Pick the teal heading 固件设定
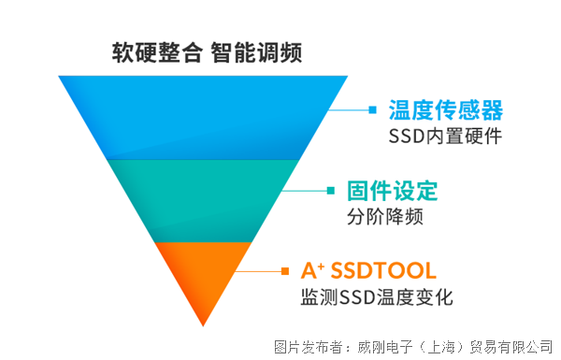click(392, 191)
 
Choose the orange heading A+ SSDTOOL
click(368, 271)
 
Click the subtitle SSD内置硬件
click(445, 137)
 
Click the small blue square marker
click(371, 110)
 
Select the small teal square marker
click(330, 191)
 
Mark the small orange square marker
click(285, 271)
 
